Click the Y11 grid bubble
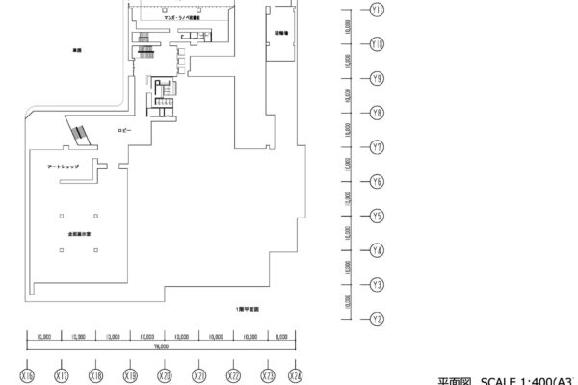[378, 10]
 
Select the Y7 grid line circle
[378, 147]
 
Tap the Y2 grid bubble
[378, 319]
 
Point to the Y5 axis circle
[378, 216]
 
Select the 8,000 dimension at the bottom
[281, 337]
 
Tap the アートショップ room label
[63, 167]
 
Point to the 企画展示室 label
[80, 233]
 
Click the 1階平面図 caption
[249, 310]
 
